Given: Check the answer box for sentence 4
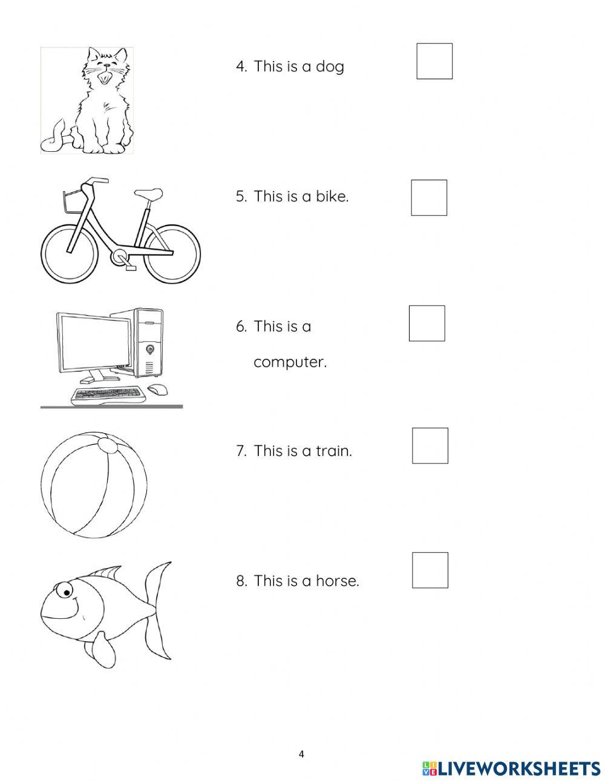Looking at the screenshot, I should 434,61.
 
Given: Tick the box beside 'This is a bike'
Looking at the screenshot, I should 429,198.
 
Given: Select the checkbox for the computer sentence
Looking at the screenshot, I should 427,323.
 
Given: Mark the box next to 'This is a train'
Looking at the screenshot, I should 430,446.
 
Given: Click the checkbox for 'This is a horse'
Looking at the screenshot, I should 430,570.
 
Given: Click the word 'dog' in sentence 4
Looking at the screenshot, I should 330,67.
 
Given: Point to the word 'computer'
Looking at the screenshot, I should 290,362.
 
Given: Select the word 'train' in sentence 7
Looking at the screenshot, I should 333,451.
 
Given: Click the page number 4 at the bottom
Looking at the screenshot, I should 302,754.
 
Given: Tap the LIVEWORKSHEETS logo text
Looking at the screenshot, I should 518,768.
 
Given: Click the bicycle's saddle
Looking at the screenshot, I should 149,194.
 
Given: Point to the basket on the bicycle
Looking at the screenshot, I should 71,201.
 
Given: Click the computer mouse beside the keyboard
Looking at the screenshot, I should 158,390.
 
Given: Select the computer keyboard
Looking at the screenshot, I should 108,394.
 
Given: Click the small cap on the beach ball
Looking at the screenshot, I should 110,445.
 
